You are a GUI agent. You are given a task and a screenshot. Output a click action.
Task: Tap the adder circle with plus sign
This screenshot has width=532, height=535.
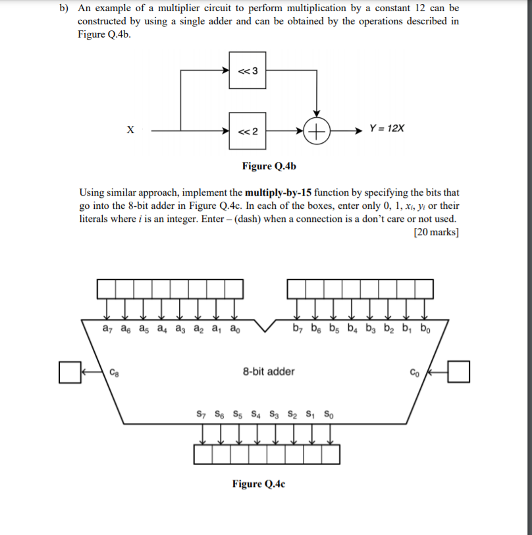pos(318,130)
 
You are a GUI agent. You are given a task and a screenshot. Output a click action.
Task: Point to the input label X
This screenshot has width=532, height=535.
pos(130,130)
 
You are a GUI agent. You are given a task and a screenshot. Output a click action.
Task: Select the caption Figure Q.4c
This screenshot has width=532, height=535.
pos(259,484)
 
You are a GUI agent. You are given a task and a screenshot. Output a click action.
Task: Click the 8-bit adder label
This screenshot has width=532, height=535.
pos(269,371)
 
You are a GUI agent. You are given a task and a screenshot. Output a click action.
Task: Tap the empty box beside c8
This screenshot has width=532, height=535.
pos(68,371)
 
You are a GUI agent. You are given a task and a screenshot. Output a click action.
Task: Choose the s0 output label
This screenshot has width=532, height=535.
pos(329,416)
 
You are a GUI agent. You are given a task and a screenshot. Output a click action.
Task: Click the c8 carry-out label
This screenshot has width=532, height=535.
pos(115,372)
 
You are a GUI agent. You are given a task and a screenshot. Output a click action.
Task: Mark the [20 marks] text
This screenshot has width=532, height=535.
pos(437,232)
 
